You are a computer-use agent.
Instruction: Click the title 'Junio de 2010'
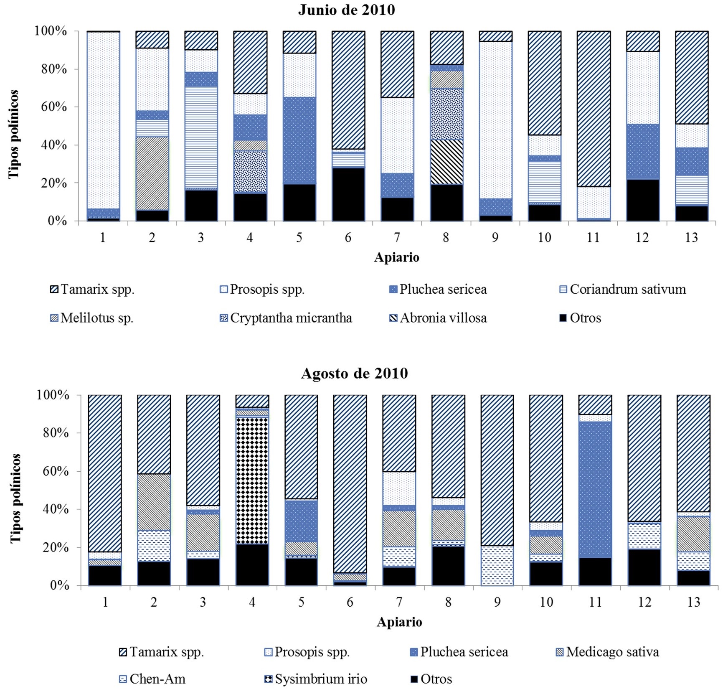pos(346,10)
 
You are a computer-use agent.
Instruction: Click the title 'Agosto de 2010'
pos(354,373)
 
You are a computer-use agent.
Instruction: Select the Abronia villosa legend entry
pos(438,318)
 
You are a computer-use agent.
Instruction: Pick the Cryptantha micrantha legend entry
pos(286,318)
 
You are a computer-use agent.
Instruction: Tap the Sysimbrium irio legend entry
pos(316,679)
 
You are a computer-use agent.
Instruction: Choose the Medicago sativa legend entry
pos(607,652)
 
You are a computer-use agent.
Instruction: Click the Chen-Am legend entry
pos(152,679)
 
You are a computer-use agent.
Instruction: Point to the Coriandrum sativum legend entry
pos(622,289)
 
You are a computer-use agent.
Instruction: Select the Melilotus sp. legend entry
pos(91,318)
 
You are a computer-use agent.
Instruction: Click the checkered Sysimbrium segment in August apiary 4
pos(252,480)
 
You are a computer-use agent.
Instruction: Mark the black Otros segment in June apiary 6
pos(348,194)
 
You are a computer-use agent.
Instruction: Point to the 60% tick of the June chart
pos(54,107)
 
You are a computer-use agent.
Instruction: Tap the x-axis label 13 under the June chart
pos(692,238)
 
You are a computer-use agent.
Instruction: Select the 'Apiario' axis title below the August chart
pos(399,622)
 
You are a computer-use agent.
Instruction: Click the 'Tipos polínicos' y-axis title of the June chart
pos(14,134)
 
